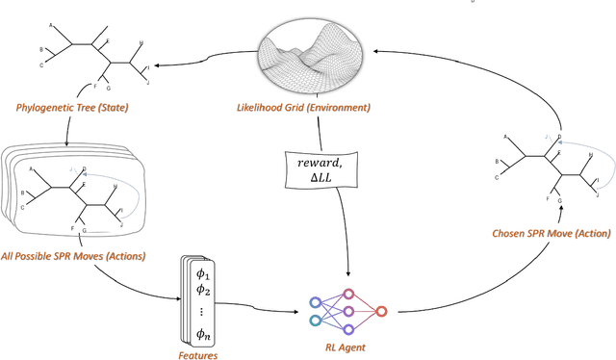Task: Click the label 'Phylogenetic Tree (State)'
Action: click(x=73, y=107)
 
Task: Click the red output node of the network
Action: click(x=382, y=311)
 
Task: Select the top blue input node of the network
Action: click(x=315, y=301)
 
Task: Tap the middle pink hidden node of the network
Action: click(x=348, y=310)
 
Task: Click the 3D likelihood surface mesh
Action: click(x=312, y=57)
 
